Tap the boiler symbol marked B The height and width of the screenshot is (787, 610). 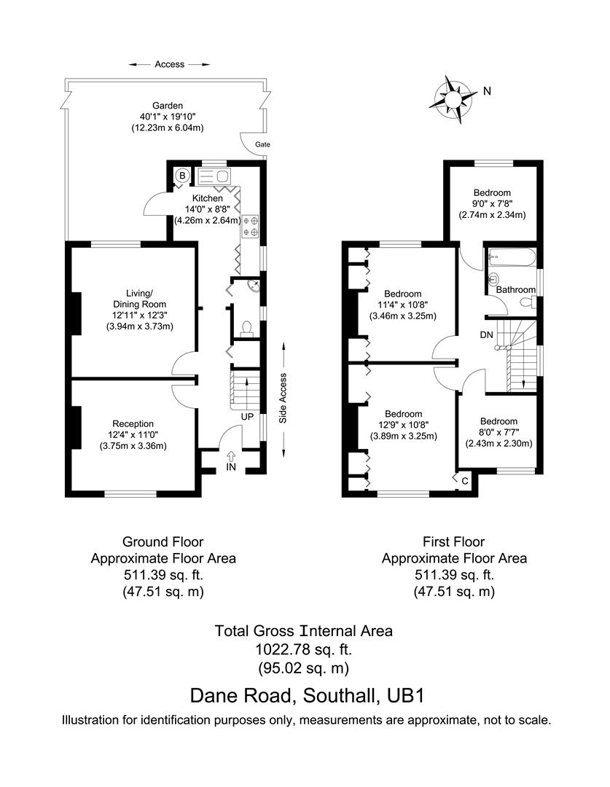pos(181,176)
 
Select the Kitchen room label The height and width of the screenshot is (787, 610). pos(208,198)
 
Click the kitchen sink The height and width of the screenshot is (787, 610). pos(213,176)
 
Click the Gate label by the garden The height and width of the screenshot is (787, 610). pos(261,145)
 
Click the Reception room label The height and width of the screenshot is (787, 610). pos(133,423)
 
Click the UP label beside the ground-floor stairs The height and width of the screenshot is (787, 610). pos(247,417)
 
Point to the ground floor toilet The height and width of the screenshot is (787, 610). pos(246,327)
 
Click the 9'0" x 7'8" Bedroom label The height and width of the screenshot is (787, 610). pos(491,193)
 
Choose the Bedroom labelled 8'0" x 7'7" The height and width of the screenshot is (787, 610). pos(498,421)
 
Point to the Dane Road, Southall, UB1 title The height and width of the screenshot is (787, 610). pos(306,694)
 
